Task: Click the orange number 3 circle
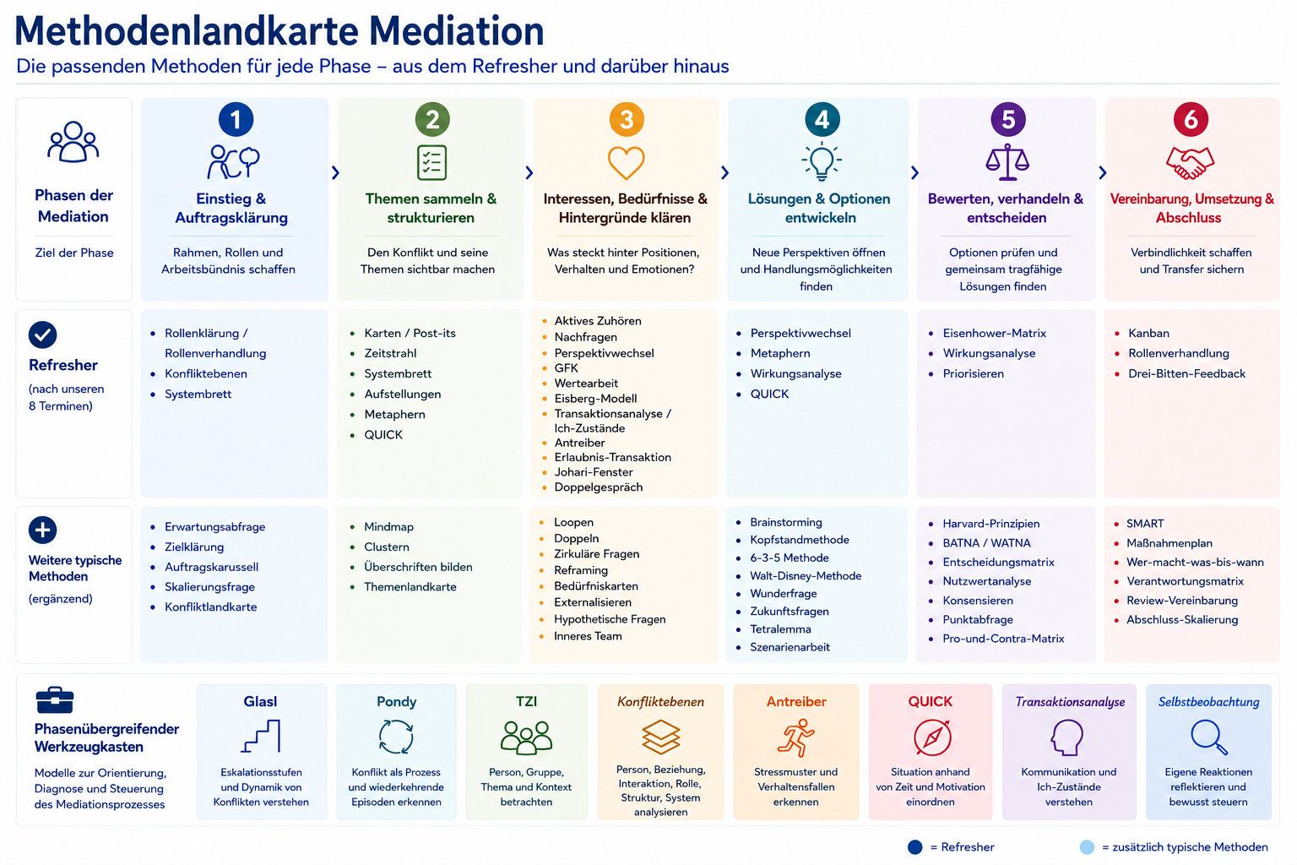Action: click(x=626, y=119)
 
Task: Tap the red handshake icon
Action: click(x=1190, y=163)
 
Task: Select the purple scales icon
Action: click(x=1007, y=161)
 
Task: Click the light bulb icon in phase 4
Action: click(x=822, y=161)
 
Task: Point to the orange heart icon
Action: click(x=626, y=163)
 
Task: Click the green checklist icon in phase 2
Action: click(x=432, y=163)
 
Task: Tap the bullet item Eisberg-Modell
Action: click(x=595, y=399)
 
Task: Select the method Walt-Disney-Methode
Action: click(x=806, y=576)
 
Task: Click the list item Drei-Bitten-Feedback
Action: click(x=1186, y=373)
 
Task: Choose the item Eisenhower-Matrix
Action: click(x=994, y=333)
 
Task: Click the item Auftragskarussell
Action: click(x=211, y=567)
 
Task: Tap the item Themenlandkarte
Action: click(x=410, y=587)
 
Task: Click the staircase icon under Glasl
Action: click(x=261, y=737)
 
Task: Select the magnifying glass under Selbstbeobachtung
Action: click(x=1209, y=737)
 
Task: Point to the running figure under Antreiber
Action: click(x=796, y=737)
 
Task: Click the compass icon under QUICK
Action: click(x=932, y=737)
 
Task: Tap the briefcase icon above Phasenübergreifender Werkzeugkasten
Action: click(x=55, y=700)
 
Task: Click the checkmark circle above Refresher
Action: click(x=43, y=335)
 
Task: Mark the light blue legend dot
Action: click(x=1087, y=847)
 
